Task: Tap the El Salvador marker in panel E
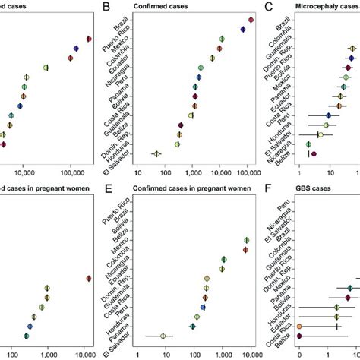tap(163, 335)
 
